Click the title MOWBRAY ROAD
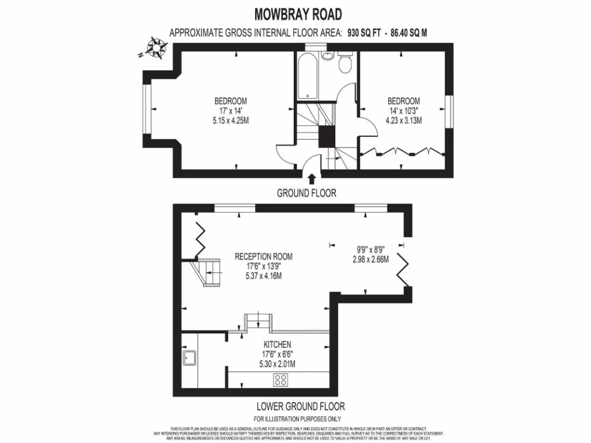[298, 14]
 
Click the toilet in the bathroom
[345, 63]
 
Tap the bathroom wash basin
[327, 56]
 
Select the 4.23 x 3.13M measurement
[404, 121]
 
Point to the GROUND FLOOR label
[306, 193]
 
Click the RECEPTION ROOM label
[263, 257]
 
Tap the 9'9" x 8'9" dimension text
[371, 250]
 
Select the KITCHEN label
[277, 344]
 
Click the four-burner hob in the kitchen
[281, 380]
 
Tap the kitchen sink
[189, 359]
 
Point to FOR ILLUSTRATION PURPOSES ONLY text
[297, 419]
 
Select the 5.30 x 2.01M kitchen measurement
[277, 364]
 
